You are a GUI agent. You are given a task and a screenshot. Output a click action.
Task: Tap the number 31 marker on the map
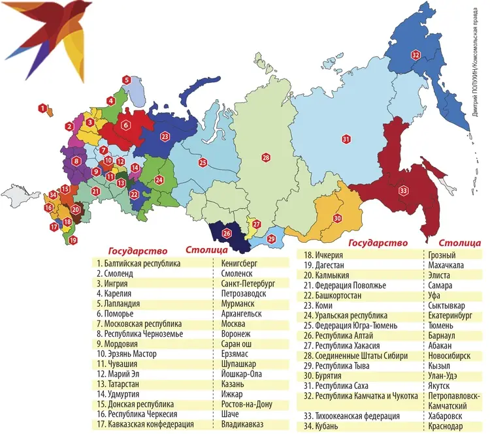346,138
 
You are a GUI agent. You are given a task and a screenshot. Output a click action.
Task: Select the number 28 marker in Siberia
266,157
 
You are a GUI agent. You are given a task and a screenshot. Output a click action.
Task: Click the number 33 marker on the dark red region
403,191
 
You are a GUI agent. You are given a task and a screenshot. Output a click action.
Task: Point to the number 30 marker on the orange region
337,218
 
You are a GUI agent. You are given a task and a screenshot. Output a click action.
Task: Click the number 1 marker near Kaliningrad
43,108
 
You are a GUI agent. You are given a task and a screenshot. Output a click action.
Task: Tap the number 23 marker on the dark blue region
165,136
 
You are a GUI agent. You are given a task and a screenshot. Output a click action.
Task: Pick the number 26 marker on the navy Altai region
227,233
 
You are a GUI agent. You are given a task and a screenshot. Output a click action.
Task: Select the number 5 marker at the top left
126,80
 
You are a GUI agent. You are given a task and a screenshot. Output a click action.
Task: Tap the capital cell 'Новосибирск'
452,356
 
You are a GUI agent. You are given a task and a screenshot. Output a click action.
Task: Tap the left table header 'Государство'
137,251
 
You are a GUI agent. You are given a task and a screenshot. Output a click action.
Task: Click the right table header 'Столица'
460,243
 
